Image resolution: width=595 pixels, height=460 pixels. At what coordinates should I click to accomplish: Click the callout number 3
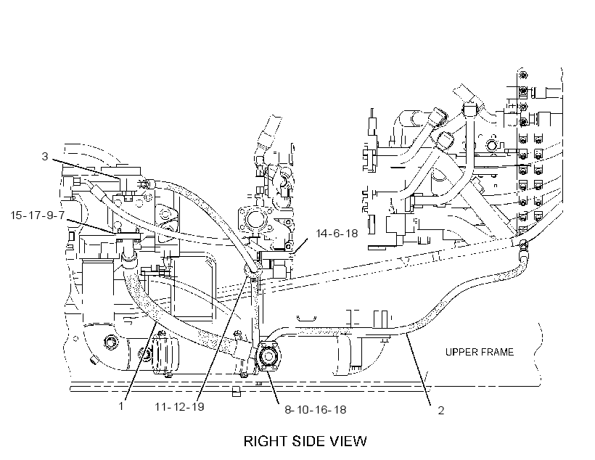[x=45, y=157]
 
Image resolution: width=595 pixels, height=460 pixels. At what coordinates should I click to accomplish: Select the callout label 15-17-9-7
[x=38, y=215]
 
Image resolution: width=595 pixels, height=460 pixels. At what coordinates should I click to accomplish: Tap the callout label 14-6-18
[x=337, y=233]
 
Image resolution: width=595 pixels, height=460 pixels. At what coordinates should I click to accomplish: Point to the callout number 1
[x=121, y=406]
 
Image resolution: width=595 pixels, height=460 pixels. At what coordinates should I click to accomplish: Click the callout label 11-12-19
[x=179, y=406]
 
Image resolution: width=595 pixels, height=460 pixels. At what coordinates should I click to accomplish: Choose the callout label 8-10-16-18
[x=316, y=410]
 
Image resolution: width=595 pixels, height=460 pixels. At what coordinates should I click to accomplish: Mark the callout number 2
[x=441, y=410]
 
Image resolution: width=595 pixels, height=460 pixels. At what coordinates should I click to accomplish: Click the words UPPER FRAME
[x=480, y=352]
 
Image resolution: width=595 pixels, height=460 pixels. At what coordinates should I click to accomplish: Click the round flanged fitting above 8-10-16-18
[x=269, y=356]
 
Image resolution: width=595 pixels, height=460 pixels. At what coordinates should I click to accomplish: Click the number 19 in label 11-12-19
[x=197, y=406]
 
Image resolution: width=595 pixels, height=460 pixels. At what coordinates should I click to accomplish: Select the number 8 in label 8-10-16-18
[x=288, y=410]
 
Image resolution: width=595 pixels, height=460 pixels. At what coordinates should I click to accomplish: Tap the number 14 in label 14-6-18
[x=321, y=233]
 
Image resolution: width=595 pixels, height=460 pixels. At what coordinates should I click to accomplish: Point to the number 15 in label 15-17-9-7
[x=17, y=215]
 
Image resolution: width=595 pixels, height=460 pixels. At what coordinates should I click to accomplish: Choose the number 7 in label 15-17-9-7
[x=61, y=215]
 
